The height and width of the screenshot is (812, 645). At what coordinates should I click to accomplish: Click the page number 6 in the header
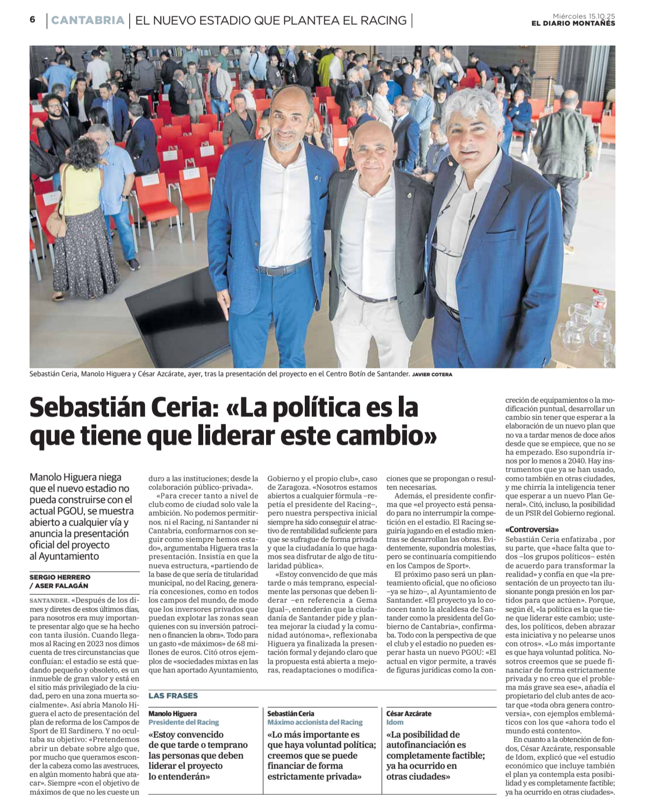pyautogui.click(x=33, y=20)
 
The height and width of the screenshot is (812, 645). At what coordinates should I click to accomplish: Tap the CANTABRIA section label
pyautogui.click(x=88, y=20)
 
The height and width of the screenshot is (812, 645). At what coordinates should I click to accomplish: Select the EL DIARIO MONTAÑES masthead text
pyautogui.click(x=573, y=24)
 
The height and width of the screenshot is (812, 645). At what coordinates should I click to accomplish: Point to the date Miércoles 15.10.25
pyautogui.click(x=584, y=16)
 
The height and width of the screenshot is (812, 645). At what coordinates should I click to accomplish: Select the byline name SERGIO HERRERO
pyautogui.click(x=60, y=577)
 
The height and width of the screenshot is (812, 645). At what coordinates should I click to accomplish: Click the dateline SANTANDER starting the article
pyautogui.click(x=48, y=600)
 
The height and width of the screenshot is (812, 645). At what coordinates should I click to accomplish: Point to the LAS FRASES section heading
pyautogui.click(x=173, y=695)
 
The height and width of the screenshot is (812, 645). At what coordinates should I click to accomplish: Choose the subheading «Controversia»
pyautogui.click(x=532, y=530)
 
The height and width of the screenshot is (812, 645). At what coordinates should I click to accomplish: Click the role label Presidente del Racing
pyautogui.click(x=184, y=722)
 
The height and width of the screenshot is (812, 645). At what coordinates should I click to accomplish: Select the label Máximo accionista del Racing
pyautogui.click(x=315, y=722)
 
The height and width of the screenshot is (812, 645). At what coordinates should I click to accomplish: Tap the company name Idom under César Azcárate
pyautogui.click(x=395, y=722)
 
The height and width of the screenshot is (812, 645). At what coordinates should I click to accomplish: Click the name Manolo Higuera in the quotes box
pyautogui.click(x=173, y=714)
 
